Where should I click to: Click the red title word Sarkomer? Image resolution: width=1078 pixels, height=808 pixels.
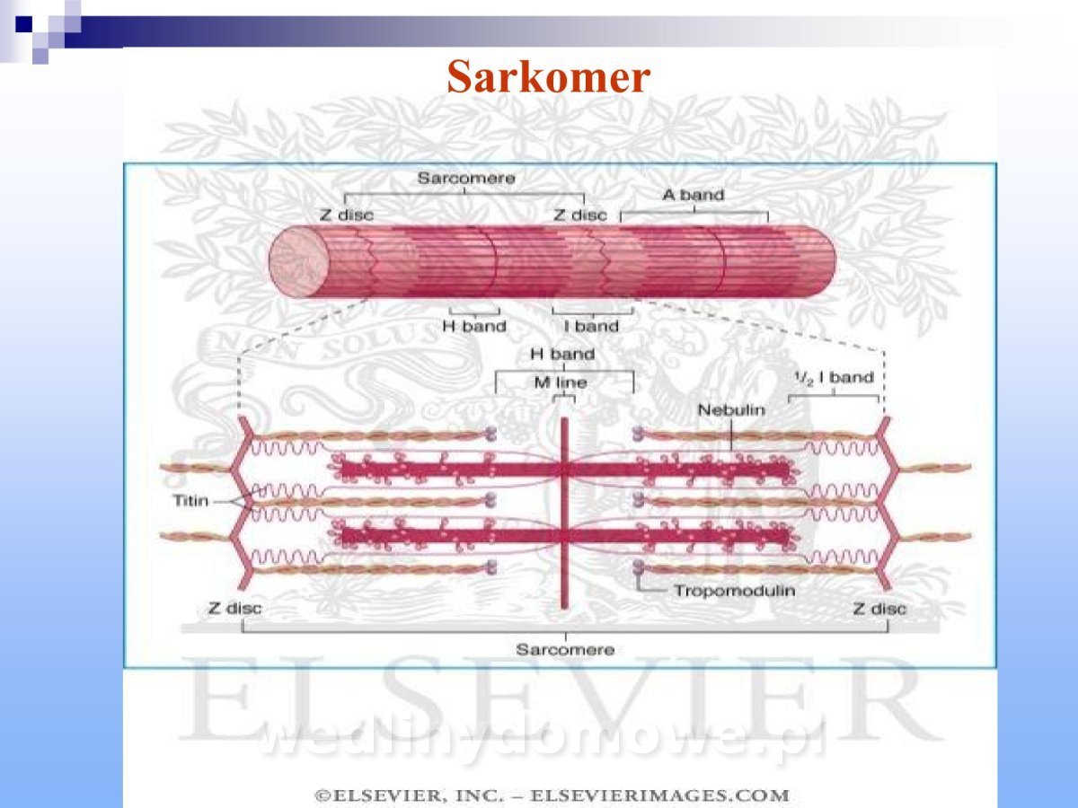click(548, 77)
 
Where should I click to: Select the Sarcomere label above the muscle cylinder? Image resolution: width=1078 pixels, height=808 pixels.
click(465, 179)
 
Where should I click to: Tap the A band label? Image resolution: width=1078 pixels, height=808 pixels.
click(693, 195)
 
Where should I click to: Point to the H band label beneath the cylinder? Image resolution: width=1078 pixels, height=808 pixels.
click(474, 326)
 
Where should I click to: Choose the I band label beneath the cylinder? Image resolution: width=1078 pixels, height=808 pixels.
click(591, 326)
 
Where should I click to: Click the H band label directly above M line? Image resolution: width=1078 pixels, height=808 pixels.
click(562, 355)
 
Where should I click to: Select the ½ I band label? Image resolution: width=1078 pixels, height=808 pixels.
click(834, 378)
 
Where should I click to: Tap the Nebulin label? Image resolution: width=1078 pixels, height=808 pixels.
click(732, 410)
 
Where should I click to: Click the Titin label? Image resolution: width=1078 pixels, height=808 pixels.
click(190, 500)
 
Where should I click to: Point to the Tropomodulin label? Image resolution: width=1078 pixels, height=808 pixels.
click(734, 591)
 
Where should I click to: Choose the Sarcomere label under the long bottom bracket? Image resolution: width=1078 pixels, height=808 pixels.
click(565, 649)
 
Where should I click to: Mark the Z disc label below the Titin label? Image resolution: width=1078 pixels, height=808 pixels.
click(234, 609)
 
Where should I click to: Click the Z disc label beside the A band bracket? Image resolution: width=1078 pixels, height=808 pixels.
click(579, 215)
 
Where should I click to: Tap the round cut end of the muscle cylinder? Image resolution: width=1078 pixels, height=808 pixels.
click(299, 259)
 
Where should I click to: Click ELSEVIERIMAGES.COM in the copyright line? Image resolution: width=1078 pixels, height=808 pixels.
click(660, 795)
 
